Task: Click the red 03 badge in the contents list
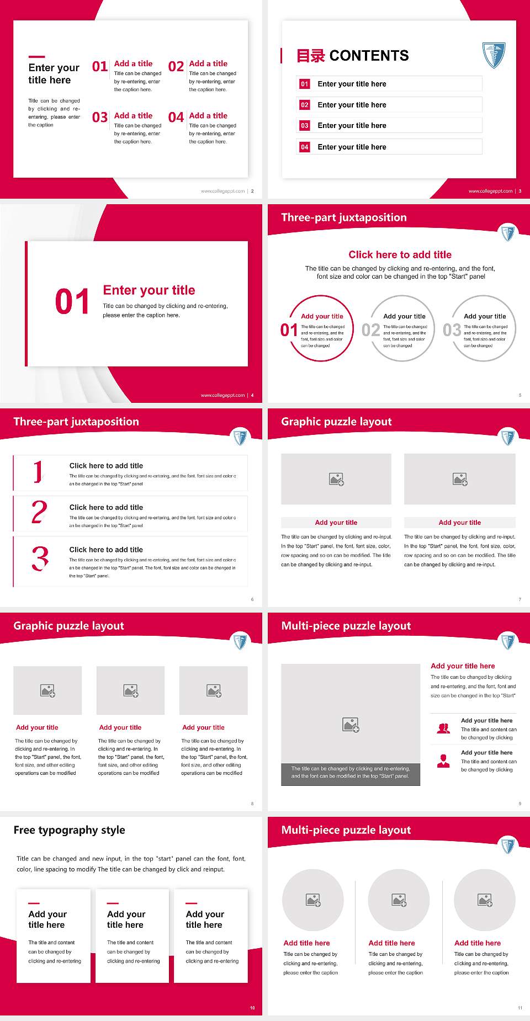[x=304, y=126]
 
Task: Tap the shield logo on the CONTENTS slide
[x=493, y=55]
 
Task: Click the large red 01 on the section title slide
[x=72, y=302]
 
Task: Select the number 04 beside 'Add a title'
[x=176, y=118]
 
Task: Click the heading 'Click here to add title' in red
[x=400, y=254]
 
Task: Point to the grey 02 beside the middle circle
[x=370, y=330]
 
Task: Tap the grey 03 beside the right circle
[x=452, y=330]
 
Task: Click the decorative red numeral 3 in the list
[x=40, y=559]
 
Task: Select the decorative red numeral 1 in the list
[x=38, y=472]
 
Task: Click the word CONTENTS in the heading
[x=369, y=56]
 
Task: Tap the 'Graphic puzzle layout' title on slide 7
[x=336, y=422]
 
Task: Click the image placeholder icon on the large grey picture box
[x=351, y=725]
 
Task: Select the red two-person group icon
[x=443, y=728]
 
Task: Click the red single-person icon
[x=443, y=761]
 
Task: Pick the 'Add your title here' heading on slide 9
[x=463, y=666]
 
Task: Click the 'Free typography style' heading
[x=69, y=830]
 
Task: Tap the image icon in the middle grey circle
[x=399, y=901]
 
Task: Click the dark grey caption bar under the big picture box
[x=351, y=772]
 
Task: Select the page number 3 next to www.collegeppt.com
[x=520, y=191]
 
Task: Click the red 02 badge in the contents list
[x=304, y=105]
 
